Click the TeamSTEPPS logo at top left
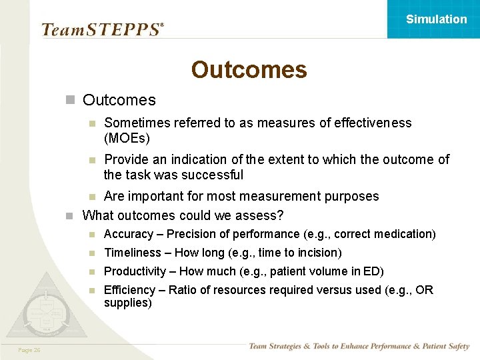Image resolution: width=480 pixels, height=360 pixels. click(x=102, y=29)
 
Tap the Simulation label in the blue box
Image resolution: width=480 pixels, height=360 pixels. click(x=436, y=19)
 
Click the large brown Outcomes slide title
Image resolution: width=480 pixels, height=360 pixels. click(x=249, y=69)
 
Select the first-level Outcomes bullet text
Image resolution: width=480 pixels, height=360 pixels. click(x=119, y=100)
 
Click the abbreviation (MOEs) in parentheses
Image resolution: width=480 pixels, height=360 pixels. click(x=127, y=138)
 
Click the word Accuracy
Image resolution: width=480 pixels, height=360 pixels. click(x=128, y=234)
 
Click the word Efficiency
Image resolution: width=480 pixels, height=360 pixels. click(x=129, y=290)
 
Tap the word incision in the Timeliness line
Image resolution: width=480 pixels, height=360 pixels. click(x=318, y=253)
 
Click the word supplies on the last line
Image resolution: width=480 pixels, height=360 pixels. click(x=126, y=303)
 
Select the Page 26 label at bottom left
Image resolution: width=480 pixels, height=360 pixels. click(x=29, y=350)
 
